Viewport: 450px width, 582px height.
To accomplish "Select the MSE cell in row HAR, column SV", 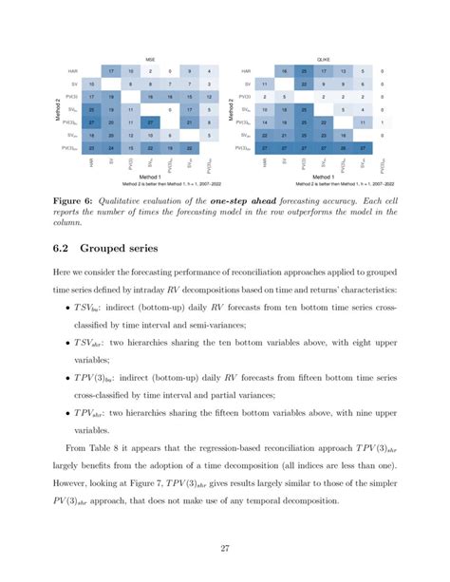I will [x=111, y=71].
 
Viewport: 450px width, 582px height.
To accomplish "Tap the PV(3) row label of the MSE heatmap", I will [x=70, y=97].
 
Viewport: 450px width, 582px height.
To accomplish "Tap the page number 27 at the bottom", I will [x=225, y=545].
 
